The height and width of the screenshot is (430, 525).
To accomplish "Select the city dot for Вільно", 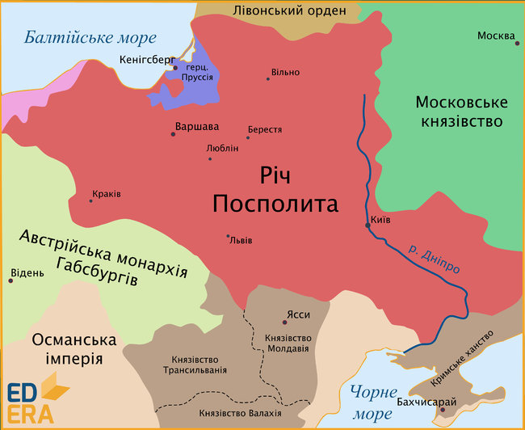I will click(x=268, y=78).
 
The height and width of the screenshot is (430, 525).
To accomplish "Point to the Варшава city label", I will click(x=196, y=126).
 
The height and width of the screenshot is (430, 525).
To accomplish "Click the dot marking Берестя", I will click(x=248, y=138).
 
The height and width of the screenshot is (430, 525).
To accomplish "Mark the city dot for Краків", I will click(x=90, y=201).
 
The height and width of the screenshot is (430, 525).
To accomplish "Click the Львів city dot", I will click(x=228, y=236).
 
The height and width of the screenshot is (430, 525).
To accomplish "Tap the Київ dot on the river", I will click(x=367, y=226).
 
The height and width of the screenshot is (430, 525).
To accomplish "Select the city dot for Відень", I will click(x=10, y=280).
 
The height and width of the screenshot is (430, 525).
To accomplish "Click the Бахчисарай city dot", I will click(x=442, y=411).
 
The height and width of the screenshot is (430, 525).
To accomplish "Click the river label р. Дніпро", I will click(x=433, y=255).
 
